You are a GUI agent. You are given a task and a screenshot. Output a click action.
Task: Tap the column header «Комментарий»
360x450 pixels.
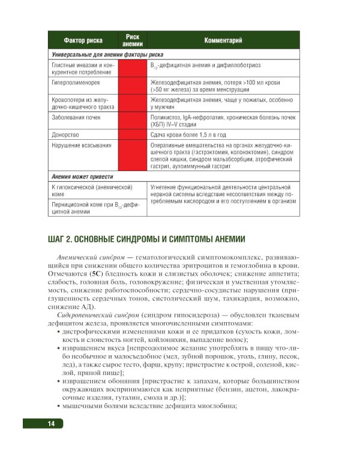pos(223,41)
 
